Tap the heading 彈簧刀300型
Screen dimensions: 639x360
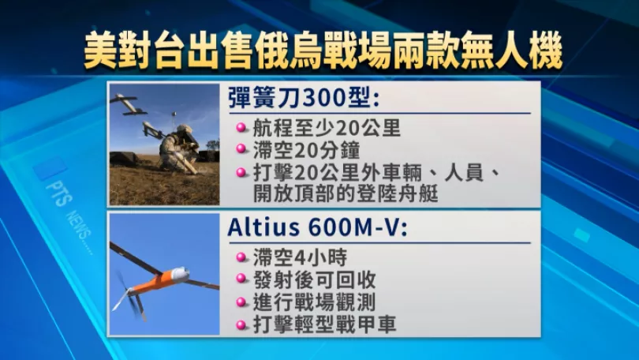tap(304, 98)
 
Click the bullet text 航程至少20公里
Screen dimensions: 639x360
tap(327, 129)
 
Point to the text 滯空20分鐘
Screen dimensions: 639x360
tap(306, 150)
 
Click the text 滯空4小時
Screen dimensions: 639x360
tap(301, 257)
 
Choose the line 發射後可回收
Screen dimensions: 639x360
tap(314, 279)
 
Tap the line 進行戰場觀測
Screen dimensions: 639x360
tap(314, 302)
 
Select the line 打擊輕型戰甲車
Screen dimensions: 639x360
tap(325, 324)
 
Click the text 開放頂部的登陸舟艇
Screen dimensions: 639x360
tap(346, 193)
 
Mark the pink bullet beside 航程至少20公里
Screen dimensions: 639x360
tap(241, 129)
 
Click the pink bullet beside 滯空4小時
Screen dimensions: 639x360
tap(241, 257)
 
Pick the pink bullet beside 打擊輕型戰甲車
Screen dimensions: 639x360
tap(241, 325)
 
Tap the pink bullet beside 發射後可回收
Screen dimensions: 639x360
tap(241, 279)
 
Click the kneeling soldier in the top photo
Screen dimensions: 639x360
tap(178, 148)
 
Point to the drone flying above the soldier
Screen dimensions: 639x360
tap(129, 105)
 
